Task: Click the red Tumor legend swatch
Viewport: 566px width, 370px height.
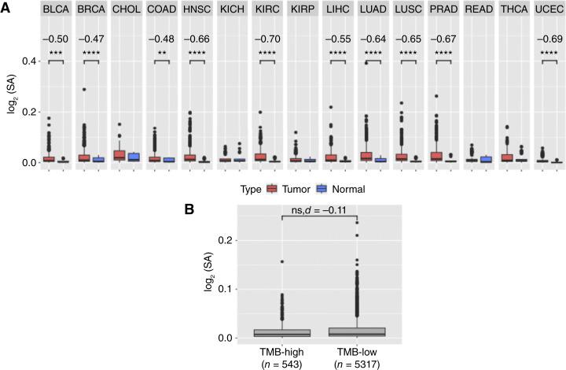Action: [273, 189]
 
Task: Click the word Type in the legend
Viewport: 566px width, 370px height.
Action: [250, 189]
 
